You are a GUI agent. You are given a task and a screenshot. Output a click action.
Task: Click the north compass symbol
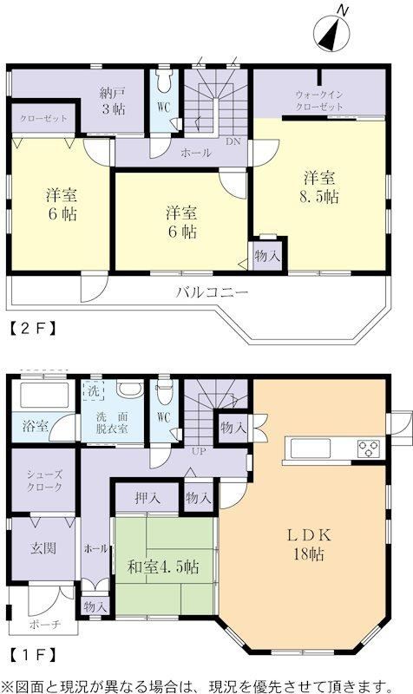tap(331, 31)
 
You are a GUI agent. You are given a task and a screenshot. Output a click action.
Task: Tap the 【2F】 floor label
tap(33, 328)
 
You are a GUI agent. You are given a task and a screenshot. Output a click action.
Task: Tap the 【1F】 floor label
tap(33, 654)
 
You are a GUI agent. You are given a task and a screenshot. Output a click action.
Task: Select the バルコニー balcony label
tap(212, 292)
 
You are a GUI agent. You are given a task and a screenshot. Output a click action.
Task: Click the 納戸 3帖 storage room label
tap(113, 101)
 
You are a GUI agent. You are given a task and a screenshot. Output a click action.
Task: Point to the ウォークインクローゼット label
tap(319, 101)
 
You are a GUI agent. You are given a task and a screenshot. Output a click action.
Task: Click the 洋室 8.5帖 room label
tap(319, 187)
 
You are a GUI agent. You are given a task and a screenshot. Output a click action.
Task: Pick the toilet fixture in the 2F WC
tap(164, 80)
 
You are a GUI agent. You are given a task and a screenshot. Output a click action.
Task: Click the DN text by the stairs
tap(233, 141)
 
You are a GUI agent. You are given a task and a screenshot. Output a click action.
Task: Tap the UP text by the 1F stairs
tap(199, 451)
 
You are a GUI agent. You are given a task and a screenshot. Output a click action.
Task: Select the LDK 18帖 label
tap(309, 544)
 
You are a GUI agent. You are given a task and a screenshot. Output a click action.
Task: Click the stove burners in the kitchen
tap(369, 448)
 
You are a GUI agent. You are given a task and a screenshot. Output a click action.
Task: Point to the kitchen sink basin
tap(310, 448)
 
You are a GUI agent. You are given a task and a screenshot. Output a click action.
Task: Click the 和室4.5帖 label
tap(163, 566)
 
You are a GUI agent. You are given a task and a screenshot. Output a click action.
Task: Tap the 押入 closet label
tap(147, 498)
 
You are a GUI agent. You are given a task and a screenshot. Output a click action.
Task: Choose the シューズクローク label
tap(44, 481)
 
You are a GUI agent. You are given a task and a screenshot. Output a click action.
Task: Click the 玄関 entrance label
tap(43, 548)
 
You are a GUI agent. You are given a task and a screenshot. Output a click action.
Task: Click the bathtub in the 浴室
tap(44, 395)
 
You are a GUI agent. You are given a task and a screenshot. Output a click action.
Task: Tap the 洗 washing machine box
tap(94, 390)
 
